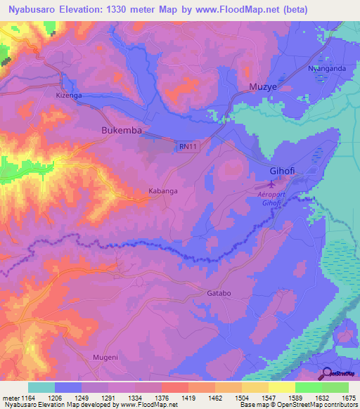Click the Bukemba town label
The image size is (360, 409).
(x=122, y=131)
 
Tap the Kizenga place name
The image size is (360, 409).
(x=69, y=94)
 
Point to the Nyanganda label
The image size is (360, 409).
(x=327, y=68)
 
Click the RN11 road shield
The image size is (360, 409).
(x=187, y=146)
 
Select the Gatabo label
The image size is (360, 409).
(x=219, y=293)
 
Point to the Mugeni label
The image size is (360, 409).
(x=105, y=357)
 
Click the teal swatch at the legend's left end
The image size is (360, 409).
(x=41, y=387)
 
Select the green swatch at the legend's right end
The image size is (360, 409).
(x=335, y=387)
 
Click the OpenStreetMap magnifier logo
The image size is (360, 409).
(x=327, y=373)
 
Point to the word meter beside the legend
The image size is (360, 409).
(x=9, y=398)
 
